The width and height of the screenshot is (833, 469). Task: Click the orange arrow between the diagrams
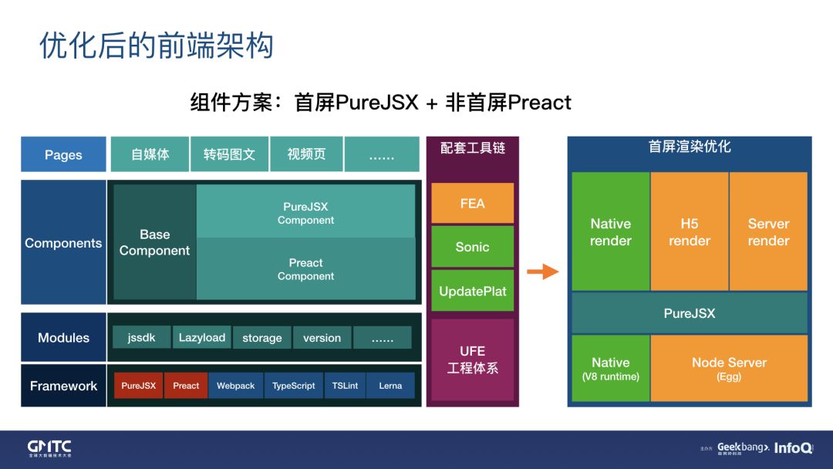click(x=543, y=272)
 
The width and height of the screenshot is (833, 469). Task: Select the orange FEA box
click(x=472, y=204)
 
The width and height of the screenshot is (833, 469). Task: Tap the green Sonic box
click(x=472, y=247)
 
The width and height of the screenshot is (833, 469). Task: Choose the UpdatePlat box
click(x=472, y=291)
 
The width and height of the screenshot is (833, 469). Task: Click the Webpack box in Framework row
click(x=235, y=386)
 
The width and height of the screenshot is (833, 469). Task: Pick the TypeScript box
click(x=294, y=386)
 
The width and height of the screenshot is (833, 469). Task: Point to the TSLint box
click(x=345, y=386)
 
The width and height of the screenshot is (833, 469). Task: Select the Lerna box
click(x=390, y=386)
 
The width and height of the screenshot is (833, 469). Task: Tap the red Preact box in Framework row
click(x=186, y=386)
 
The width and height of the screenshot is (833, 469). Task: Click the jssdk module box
click(x=142, y=338)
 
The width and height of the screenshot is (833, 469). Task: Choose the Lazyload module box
click(x=202, y=338)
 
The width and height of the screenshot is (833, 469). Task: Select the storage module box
click(x=262, y=338)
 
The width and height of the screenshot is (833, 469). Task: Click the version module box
click(x=322, y=338)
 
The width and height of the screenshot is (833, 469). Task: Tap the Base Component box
click(x=154, y=242)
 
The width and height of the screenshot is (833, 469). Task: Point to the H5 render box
click(x=690, y=231)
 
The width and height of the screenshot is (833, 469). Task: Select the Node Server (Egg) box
click(x=729, y=369)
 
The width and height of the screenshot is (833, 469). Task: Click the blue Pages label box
click(x=63, y=154)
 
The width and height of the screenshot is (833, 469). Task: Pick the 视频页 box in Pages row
click(x=306, y=154)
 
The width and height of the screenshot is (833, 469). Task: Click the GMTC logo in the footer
click(x=49, y=448)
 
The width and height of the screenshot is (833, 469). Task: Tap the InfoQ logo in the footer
click(x=793, y=448)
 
